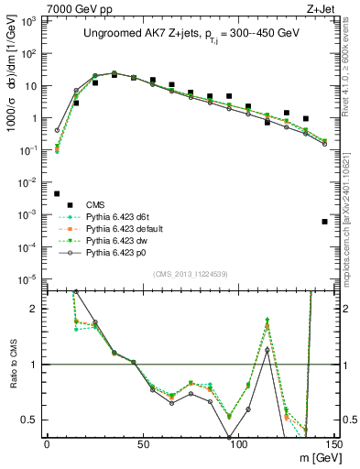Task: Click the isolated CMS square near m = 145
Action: click(x=325, y=222)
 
